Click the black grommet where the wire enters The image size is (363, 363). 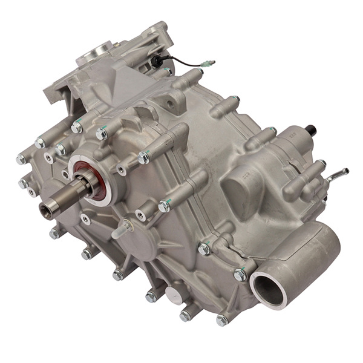click(159, 60)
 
